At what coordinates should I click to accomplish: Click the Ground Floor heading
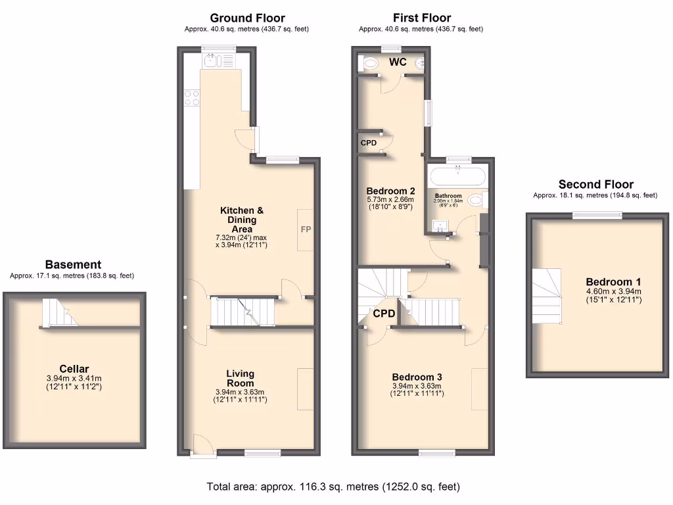click(x=247, y=18)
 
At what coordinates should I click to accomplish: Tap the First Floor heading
click(x=421, y=18)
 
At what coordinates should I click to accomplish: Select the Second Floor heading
click(x=595, y=184)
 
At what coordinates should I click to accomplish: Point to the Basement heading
click(x=72, y=265)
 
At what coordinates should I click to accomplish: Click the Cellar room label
click(x=74, y=369)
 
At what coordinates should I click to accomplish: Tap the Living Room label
click(x=240, y=378)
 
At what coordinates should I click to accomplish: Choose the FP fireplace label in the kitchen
click(x=306, y=229)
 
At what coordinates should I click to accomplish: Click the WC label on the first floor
click(x=398, y=62)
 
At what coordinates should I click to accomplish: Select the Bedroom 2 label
click(x=390, y=191)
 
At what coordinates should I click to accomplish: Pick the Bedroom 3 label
click(x=417, y=377)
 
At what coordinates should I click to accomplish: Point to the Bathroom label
click(x=448, y=196)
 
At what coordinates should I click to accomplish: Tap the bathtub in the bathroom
click(x=457, y=177)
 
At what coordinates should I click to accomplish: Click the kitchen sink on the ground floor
click(x=212, y=62)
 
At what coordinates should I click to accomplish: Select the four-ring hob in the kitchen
click(x=192, y=98)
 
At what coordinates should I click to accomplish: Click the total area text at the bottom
click(x=333, y=487)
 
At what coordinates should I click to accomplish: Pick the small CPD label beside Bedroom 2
click(x=368, y=143)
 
